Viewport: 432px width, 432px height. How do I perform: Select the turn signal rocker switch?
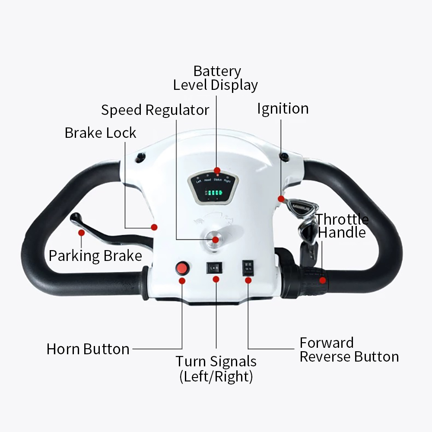tap(214, 268)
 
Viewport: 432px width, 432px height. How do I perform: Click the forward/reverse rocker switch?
tap(248, 267)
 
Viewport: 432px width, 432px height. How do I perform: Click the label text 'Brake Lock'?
tap(100, 133)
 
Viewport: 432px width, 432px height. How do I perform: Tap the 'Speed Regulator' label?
tap(155, 110)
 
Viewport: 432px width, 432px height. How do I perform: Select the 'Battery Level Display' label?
tap(216, 78)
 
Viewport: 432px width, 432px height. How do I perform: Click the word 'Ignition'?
tap(283, 108)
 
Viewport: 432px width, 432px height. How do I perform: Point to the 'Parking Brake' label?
tap(95, 256)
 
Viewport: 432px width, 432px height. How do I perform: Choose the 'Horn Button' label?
tap(88, 349)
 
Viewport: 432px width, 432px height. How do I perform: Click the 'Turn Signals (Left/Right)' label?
tap(216, 368)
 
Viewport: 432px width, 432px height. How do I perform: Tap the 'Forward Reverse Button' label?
tap(349, 349)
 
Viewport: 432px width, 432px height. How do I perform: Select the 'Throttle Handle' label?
tap(342, 226)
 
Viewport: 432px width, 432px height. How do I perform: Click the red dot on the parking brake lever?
tap(81, 233)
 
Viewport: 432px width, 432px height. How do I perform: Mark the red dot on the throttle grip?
tap(322, 280)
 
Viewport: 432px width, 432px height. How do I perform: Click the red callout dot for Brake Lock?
tap(154, 227)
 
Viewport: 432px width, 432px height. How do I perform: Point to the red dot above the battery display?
tap(217, 170)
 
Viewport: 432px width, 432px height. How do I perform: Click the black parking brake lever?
tap(108, 234)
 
